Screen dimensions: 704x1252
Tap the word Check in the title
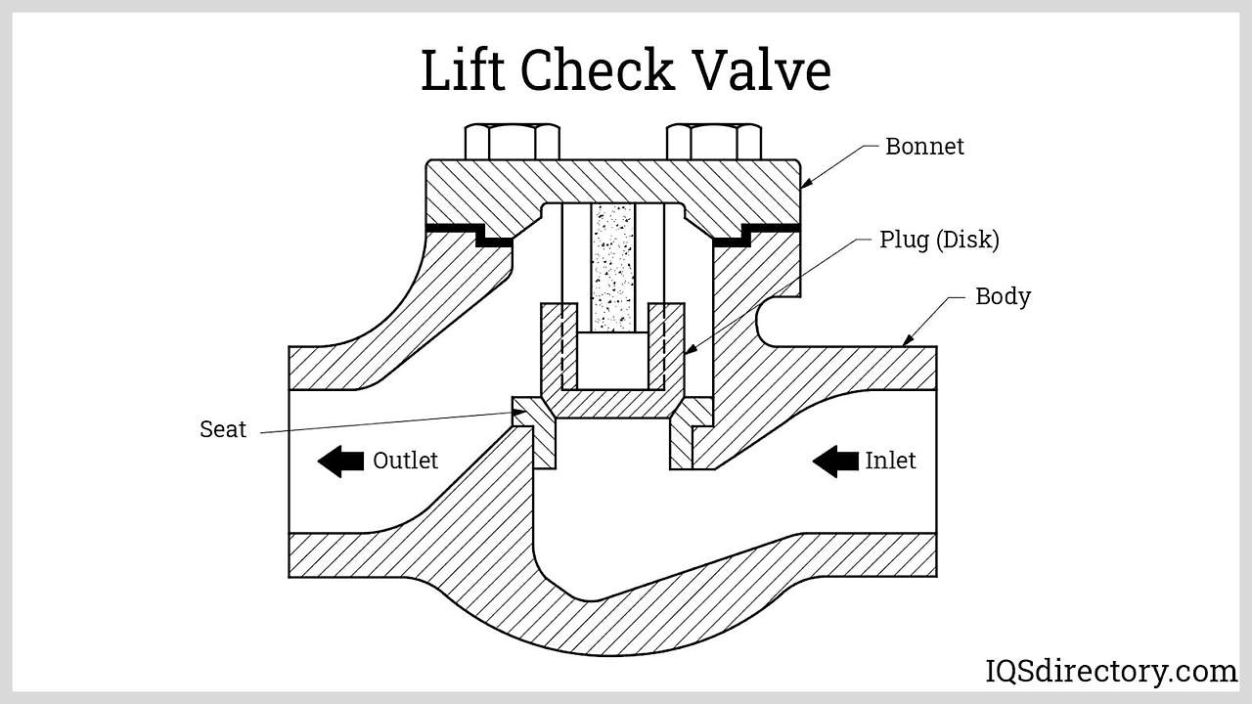click(597, 70)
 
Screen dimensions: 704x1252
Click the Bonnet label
click(924, 147)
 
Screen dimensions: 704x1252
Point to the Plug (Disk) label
click(939, 240)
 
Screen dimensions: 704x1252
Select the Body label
click(1003, 296)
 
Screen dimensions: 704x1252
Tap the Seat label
click(223, 429)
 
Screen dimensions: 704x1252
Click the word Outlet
click(405, 461)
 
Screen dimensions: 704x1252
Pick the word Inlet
click(890, 461)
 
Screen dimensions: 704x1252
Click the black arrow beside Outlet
click(340, 461)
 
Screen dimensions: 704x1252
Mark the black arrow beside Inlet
click(835, 461)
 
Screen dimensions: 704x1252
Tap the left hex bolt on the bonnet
click(513, 142)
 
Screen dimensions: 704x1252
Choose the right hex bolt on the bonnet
click(714, 142)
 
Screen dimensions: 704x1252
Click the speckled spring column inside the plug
click(613, 266)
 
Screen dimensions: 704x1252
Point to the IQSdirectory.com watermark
click(1111, 672)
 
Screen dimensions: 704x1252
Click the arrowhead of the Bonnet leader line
click(806, 183)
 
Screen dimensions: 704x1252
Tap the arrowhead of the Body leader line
click(906, 341)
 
